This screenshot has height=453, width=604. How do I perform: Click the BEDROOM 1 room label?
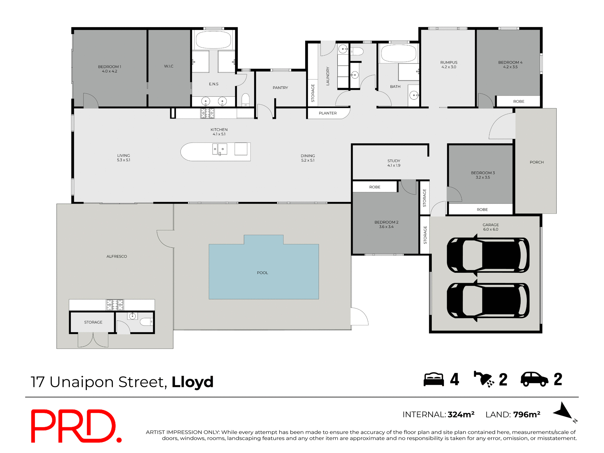pos(109,69)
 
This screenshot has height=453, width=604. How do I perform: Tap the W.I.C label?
pos(169,66)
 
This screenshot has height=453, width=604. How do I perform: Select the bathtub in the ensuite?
pos(214,40)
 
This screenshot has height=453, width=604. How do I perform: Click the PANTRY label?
pos(280,88)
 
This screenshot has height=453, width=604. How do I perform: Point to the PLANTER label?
pos(327,113)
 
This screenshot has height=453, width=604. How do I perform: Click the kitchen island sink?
pos(220,149)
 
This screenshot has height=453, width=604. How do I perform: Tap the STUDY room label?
pos(394,163)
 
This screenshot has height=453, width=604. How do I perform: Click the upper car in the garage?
pos(488,255)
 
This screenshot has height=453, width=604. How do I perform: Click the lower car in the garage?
pos(488,300)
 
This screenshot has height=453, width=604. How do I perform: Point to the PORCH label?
pos(537,162)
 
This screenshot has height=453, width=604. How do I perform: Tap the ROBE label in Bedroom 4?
pos(519,102)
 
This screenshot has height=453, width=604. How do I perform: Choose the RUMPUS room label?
pos(449,64)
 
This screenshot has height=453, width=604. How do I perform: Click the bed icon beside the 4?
pos(433,379)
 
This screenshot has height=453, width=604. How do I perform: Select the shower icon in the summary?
pos(484,379)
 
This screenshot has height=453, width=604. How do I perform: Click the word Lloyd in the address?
pos(193,382)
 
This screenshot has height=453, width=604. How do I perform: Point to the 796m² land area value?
pos(527,415)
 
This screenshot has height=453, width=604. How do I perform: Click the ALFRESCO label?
pos(117,256)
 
